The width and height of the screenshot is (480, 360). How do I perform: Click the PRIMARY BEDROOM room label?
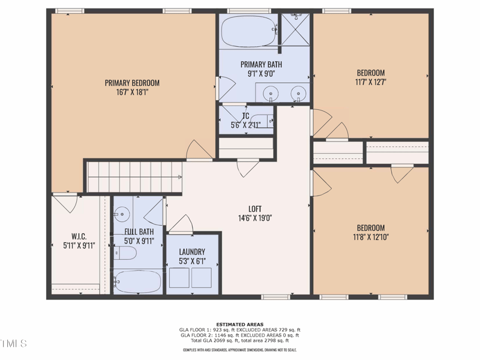(x=132, y=83)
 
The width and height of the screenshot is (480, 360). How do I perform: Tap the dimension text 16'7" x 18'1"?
(x=132, y=92)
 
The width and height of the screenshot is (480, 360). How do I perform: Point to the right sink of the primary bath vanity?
(x=297, y=93)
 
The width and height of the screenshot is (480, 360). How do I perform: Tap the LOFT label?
(x=255, y=209)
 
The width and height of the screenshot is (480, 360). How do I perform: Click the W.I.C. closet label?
(x=79, y=235)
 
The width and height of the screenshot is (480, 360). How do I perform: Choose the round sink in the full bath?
(x=122, y=212)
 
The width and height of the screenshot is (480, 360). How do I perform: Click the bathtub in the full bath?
(x=138, y=281)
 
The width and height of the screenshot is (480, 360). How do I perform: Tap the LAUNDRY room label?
(x=191, y=252)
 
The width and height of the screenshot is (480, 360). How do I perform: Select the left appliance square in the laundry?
(x=180, y=278)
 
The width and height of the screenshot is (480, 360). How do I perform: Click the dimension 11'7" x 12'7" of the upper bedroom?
(x=371, y=83)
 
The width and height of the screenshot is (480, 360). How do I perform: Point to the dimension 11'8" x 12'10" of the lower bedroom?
(x=371, y=238)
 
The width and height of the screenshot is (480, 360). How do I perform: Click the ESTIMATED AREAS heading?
(x=239, y=325)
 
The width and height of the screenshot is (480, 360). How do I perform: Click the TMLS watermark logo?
(x=13, y=344)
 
